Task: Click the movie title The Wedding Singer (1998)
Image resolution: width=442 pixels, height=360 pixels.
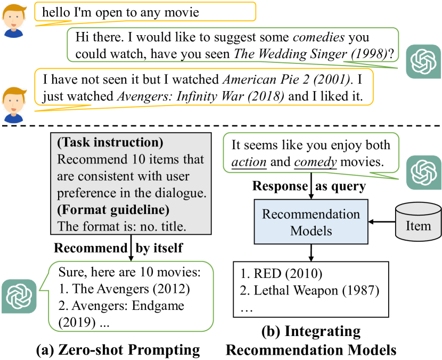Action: pos(310,54)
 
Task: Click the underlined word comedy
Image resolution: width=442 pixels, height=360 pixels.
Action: pos(316,162)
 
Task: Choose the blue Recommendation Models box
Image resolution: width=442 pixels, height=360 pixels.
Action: pos(310,223)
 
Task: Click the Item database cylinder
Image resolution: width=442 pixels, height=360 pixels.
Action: pos(418,225)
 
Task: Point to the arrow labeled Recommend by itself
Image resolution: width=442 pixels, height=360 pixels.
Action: pos(129,248)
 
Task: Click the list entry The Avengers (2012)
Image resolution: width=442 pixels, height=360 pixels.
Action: pos(125,290)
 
